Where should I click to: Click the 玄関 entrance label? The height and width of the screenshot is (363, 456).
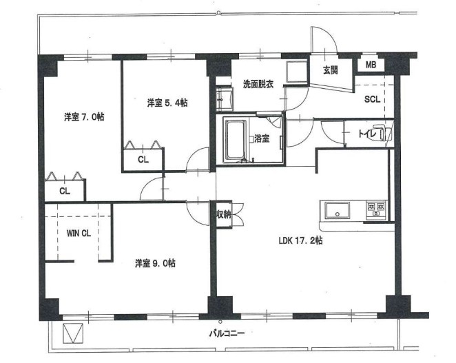[331, 70]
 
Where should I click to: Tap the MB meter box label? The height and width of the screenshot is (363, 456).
[371, 65]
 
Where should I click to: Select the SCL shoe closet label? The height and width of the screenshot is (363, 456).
[372, 99]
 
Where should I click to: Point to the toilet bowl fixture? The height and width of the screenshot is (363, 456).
[383, 133]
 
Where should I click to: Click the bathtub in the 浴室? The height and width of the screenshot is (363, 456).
[236, 141]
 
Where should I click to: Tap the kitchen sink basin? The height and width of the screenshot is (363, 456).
[338, 210]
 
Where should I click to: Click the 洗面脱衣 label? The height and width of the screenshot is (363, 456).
[258, 84]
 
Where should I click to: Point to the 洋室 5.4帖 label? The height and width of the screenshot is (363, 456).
[167, 103]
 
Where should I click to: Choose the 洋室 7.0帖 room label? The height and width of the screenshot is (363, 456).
[84, 117]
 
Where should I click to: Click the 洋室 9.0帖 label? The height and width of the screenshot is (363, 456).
[155, 263]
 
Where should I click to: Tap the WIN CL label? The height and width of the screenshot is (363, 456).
[79, 234]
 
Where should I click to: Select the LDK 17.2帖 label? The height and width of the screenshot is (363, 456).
[300, 240]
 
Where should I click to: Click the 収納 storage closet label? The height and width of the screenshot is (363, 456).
[224, 215]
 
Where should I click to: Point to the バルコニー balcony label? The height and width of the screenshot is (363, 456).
[227, 333]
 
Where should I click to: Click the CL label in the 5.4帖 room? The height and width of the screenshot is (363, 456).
[143, 159]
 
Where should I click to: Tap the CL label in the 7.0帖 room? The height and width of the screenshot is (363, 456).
[65, 191]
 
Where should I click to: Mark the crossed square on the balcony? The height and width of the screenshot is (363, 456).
[73, 333]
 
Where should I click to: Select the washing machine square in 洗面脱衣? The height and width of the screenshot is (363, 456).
[297, 72]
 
